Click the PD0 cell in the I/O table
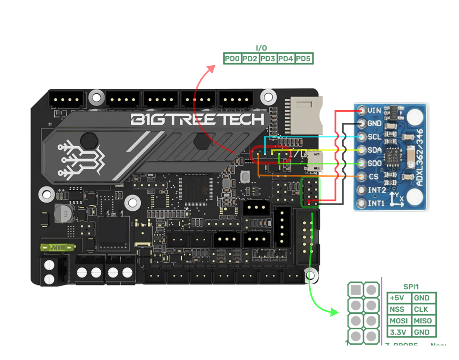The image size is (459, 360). click(x=232, y=59)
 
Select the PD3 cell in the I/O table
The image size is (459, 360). click(x=268, y=59)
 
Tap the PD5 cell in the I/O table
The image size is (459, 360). click(x=304, y=59)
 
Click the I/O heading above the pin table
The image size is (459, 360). click(x=262, y=49)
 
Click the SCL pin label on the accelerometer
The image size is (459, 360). click(x=375, y=137)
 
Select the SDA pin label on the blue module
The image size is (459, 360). click(x=375, y=150)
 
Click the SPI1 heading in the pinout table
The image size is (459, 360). click(x=412, y=287)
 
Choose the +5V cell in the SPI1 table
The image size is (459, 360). click(x=399, y=298)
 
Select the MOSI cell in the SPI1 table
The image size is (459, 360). click(x=399, y=321)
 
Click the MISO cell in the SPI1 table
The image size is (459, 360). click(x=423, y=321)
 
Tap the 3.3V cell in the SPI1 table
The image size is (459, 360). click(x=399, y=332)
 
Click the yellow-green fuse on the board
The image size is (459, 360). click(x=56, y=248)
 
